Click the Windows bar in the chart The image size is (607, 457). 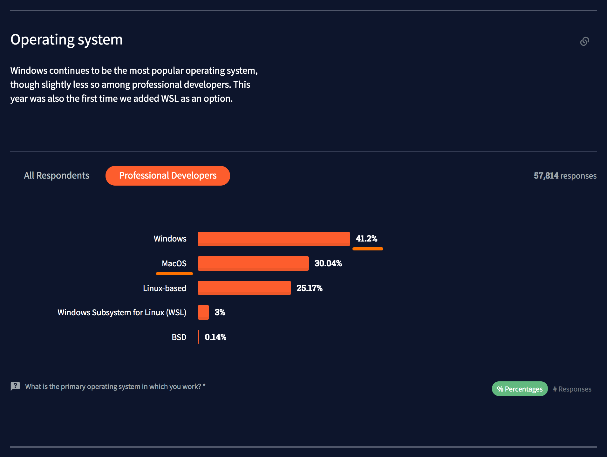[274, 239]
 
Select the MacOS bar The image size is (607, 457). [253, 263]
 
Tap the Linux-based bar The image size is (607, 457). [244, 288]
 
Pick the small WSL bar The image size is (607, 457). [203, 312]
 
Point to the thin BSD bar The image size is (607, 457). [198, 337]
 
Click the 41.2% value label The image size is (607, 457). [366, 239]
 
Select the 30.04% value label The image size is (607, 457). [328, 263]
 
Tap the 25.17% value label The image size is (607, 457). [309, 288]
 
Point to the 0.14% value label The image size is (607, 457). [215, 337]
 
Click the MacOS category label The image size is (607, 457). [174, 263]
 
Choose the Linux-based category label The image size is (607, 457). [165, 288]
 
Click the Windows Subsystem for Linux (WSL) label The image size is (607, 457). [122, 312]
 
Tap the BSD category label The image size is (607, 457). [179, 337]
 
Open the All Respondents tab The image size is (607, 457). [57, 175]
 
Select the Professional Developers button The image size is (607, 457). [168, 176]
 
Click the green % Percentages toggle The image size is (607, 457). [520, 389]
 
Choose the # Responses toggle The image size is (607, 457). [572, 389]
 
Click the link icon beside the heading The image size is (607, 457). [584, 41]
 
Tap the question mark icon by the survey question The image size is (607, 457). [15, 386]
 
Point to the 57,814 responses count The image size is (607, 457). [565, 176]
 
